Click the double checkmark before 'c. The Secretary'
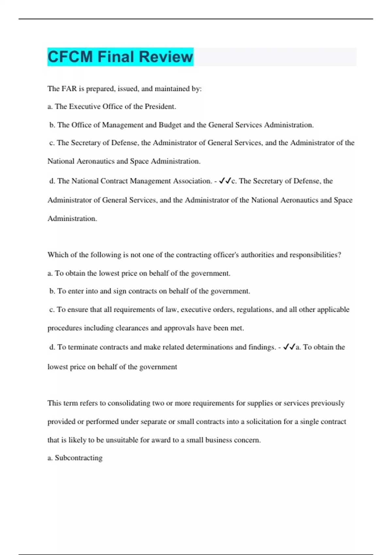[x=225, y=181]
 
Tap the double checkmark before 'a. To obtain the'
[x=289, y=347]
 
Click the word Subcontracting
[x=78, y=458]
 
